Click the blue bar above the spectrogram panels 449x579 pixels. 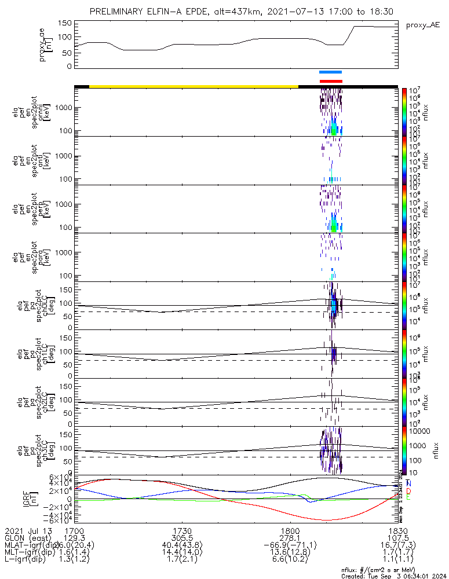(331, 72)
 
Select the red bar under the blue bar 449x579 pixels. (331, 81)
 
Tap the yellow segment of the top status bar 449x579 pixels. (194, 86)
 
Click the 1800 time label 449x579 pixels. (289, 530)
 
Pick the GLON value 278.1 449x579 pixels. (289, 538)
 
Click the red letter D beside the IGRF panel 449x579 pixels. (410, 490)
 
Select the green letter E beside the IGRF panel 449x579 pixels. (410, 498)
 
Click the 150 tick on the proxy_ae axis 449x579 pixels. (66, 23)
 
